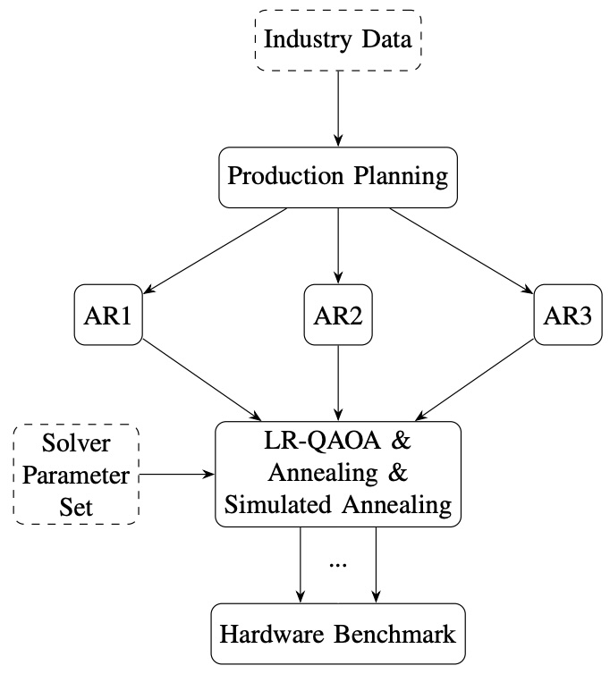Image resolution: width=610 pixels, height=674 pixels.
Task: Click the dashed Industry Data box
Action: (339, 41)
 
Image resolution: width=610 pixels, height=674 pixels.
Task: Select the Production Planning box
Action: (339, 175)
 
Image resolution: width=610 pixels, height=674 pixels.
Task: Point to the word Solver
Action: (76, 443)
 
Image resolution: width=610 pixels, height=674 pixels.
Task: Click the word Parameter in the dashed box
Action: (76, 474)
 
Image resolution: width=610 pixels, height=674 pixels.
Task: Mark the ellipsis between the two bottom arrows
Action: (339, 565)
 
